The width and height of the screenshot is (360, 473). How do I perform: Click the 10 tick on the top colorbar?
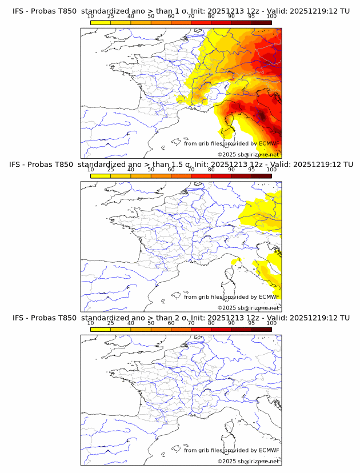(x=90, y=17)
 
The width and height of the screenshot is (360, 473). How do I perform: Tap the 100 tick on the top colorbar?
(x=271, y=17)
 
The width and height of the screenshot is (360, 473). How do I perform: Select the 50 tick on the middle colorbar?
(x=151, y=170)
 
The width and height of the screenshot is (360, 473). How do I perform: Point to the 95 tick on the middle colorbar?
(x=251, y=170)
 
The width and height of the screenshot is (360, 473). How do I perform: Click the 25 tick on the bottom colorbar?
(x=110, y=323)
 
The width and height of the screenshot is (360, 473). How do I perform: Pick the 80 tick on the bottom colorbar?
(x=211, y=323)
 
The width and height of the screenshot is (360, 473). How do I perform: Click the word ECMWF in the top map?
(x=269, y=143)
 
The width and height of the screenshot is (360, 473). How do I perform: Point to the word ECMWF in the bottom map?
(x=269, y=450)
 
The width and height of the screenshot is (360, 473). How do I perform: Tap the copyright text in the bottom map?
(x=248, y=461)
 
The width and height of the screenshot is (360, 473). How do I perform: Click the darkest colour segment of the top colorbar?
(x=261, y=23)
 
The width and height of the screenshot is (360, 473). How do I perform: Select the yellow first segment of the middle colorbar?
(x=100, y=176)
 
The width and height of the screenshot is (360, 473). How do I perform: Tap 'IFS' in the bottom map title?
(x=19, y=318)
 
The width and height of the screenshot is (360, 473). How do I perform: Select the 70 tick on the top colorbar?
(x=191, y=17)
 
